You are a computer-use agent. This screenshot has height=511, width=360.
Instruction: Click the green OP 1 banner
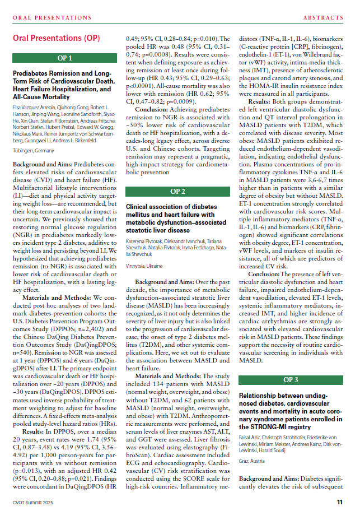[x=65, y=58]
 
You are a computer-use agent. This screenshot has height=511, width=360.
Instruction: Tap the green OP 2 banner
[x=178, y=191]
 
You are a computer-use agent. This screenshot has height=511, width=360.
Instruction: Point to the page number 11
[x=340, y=502]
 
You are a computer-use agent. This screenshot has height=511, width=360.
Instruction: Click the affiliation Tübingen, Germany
[x=33, y=150]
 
